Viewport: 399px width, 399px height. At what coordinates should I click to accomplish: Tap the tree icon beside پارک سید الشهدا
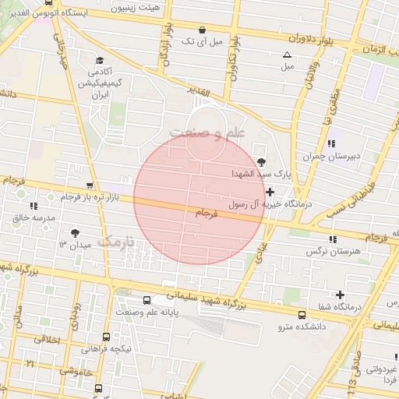pos(260,161)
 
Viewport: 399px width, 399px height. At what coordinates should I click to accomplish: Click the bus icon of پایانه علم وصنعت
pos(147,300)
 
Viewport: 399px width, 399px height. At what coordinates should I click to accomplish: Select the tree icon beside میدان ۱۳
pos(75,233)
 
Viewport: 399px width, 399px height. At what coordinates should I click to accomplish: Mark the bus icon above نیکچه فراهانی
pos(106,337)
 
